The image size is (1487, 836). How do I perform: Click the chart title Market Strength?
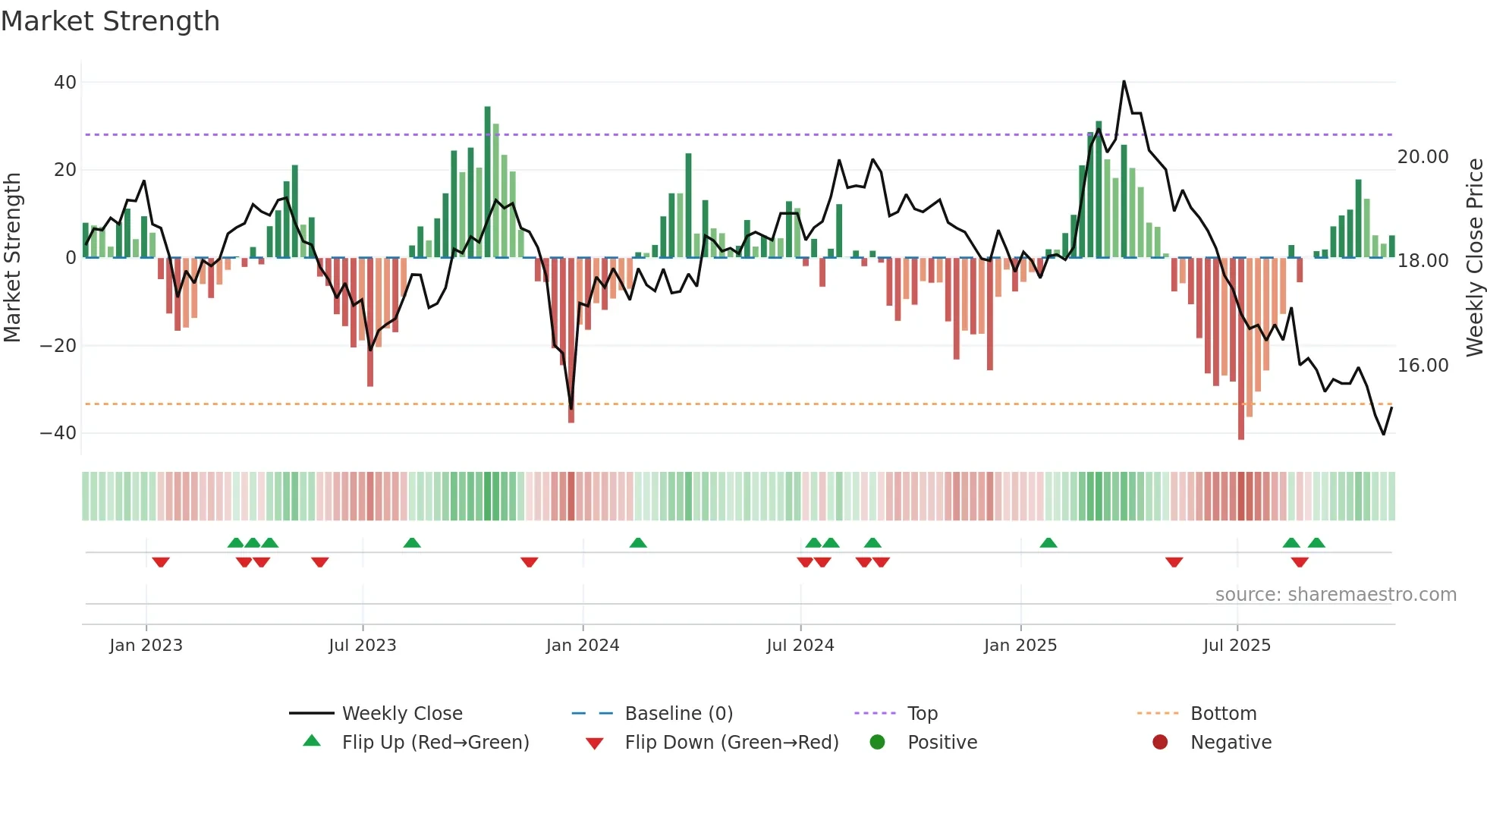pyautogui.click(x=111, y=21)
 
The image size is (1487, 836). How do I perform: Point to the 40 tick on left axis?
pyautogui.click(x=65, y=82)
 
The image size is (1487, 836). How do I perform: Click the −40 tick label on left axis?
pyautogui.click(x=58, y=433)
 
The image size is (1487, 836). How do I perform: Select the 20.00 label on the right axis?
pyautogui.click(x=1423, y=157)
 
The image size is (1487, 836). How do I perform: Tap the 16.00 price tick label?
pyautogui.click(x=1423, y=366)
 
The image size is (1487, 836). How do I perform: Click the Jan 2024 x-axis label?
pyautogui.click(x=582, y=646)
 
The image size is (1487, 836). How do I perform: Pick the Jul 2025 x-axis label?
pyautogui.click(x=1236, y=646)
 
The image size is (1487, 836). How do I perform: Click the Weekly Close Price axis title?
pyautogui.click(x=1474, y=258)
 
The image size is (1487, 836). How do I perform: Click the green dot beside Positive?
pyautogui.click(x=877, y=743)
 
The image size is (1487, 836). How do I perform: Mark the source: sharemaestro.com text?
pyautogui.click(x=1335, y=595)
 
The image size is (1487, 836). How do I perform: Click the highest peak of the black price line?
pyautogui.click(x=1124, y=82)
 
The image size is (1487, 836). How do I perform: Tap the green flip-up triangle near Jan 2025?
pyautogui.click(x=1048, y=543)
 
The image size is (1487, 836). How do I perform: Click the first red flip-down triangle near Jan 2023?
pyautogui.click(x=160, y=562)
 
